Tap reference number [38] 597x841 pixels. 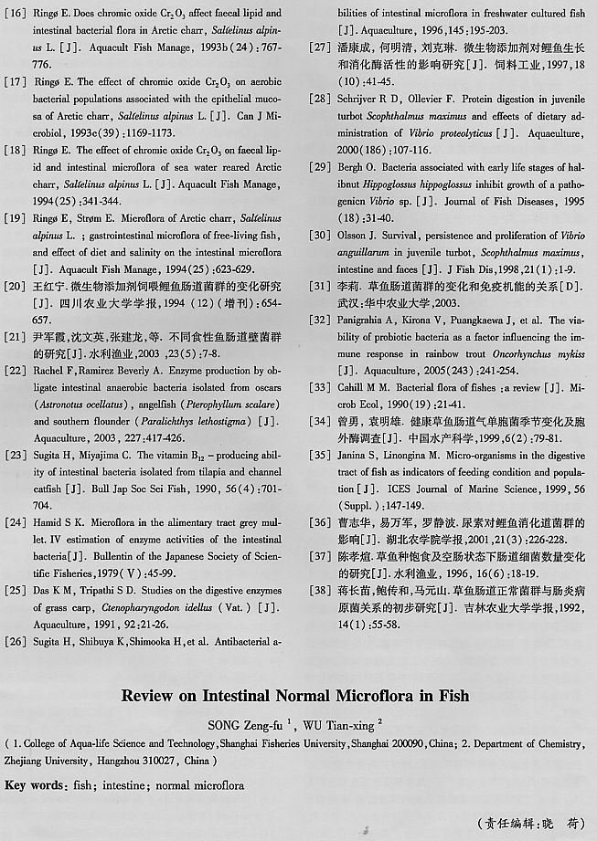(319, 590)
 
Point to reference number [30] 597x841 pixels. (319, 235)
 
